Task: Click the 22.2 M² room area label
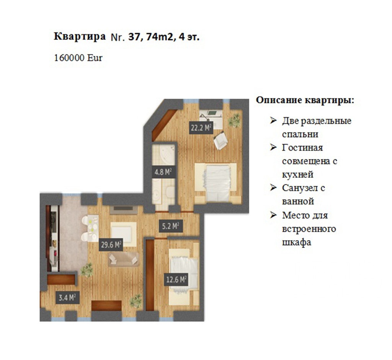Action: click(201, 128)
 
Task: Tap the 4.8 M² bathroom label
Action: click(163, 172)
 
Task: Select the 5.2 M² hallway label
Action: click(170, 226)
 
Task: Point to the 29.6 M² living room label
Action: click(111, 244)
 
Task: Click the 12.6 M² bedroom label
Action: click(177, 279)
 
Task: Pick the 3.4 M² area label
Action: click(67, 297)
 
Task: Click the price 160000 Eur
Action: click(78, 58)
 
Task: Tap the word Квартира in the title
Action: click(80, 36)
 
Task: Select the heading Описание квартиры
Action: click(305, 101)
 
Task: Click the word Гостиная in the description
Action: click(302, 147)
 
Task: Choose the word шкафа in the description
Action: click(297, 242)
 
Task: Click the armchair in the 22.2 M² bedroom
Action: click(220, 141)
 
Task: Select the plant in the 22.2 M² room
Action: click(234, 120)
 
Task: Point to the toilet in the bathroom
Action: click(170, 192)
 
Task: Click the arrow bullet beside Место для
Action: click(273, 215)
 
